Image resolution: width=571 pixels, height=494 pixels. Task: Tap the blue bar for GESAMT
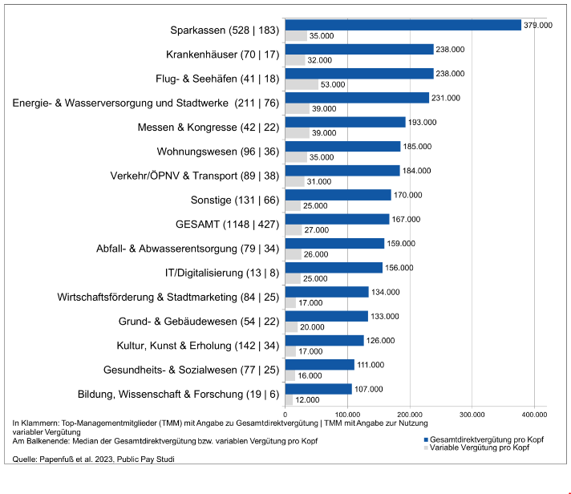pos(337,219)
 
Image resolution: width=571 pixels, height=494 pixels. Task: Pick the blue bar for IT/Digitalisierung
pos(334,268)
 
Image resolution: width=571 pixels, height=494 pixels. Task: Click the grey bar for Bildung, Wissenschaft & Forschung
pos(289,399)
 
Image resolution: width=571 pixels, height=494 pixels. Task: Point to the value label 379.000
pos(538,25)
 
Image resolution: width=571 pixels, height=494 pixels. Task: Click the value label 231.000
pos(446,98)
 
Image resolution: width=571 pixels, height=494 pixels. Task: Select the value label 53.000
pos(332,85)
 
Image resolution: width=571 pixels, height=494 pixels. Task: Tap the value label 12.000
pos(307,399)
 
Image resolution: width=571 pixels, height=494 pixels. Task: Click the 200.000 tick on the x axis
pos(410,415)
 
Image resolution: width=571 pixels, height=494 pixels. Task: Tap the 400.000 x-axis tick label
pos(534,415)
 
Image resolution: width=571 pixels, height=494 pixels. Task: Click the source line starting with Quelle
pos(93,460)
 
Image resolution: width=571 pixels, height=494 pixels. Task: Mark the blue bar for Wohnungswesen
pos(342,147)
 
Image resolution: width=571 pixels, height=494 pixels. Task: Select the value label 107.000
pos(370,389)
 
